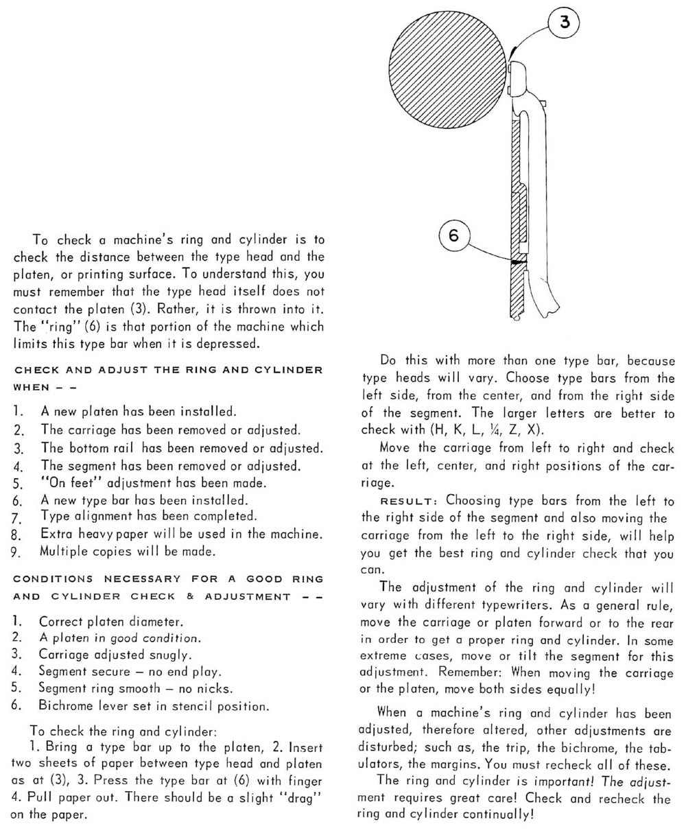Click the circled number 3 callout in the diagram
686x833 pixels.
tap(564, 23)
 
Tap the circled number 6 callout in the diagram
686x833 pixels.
tap(453, 235)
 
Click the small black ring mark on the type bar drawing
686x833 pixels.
tap(517, 261)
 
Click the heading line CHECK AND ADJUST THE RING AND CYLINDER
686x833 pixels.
tap(168, 370)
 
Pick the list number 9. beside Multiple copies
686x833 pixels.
tap(18, 551)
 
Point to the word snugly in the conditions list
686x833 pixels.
tap(168, 655)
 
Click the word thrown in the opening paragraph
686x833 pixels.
tap(239, 309)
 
